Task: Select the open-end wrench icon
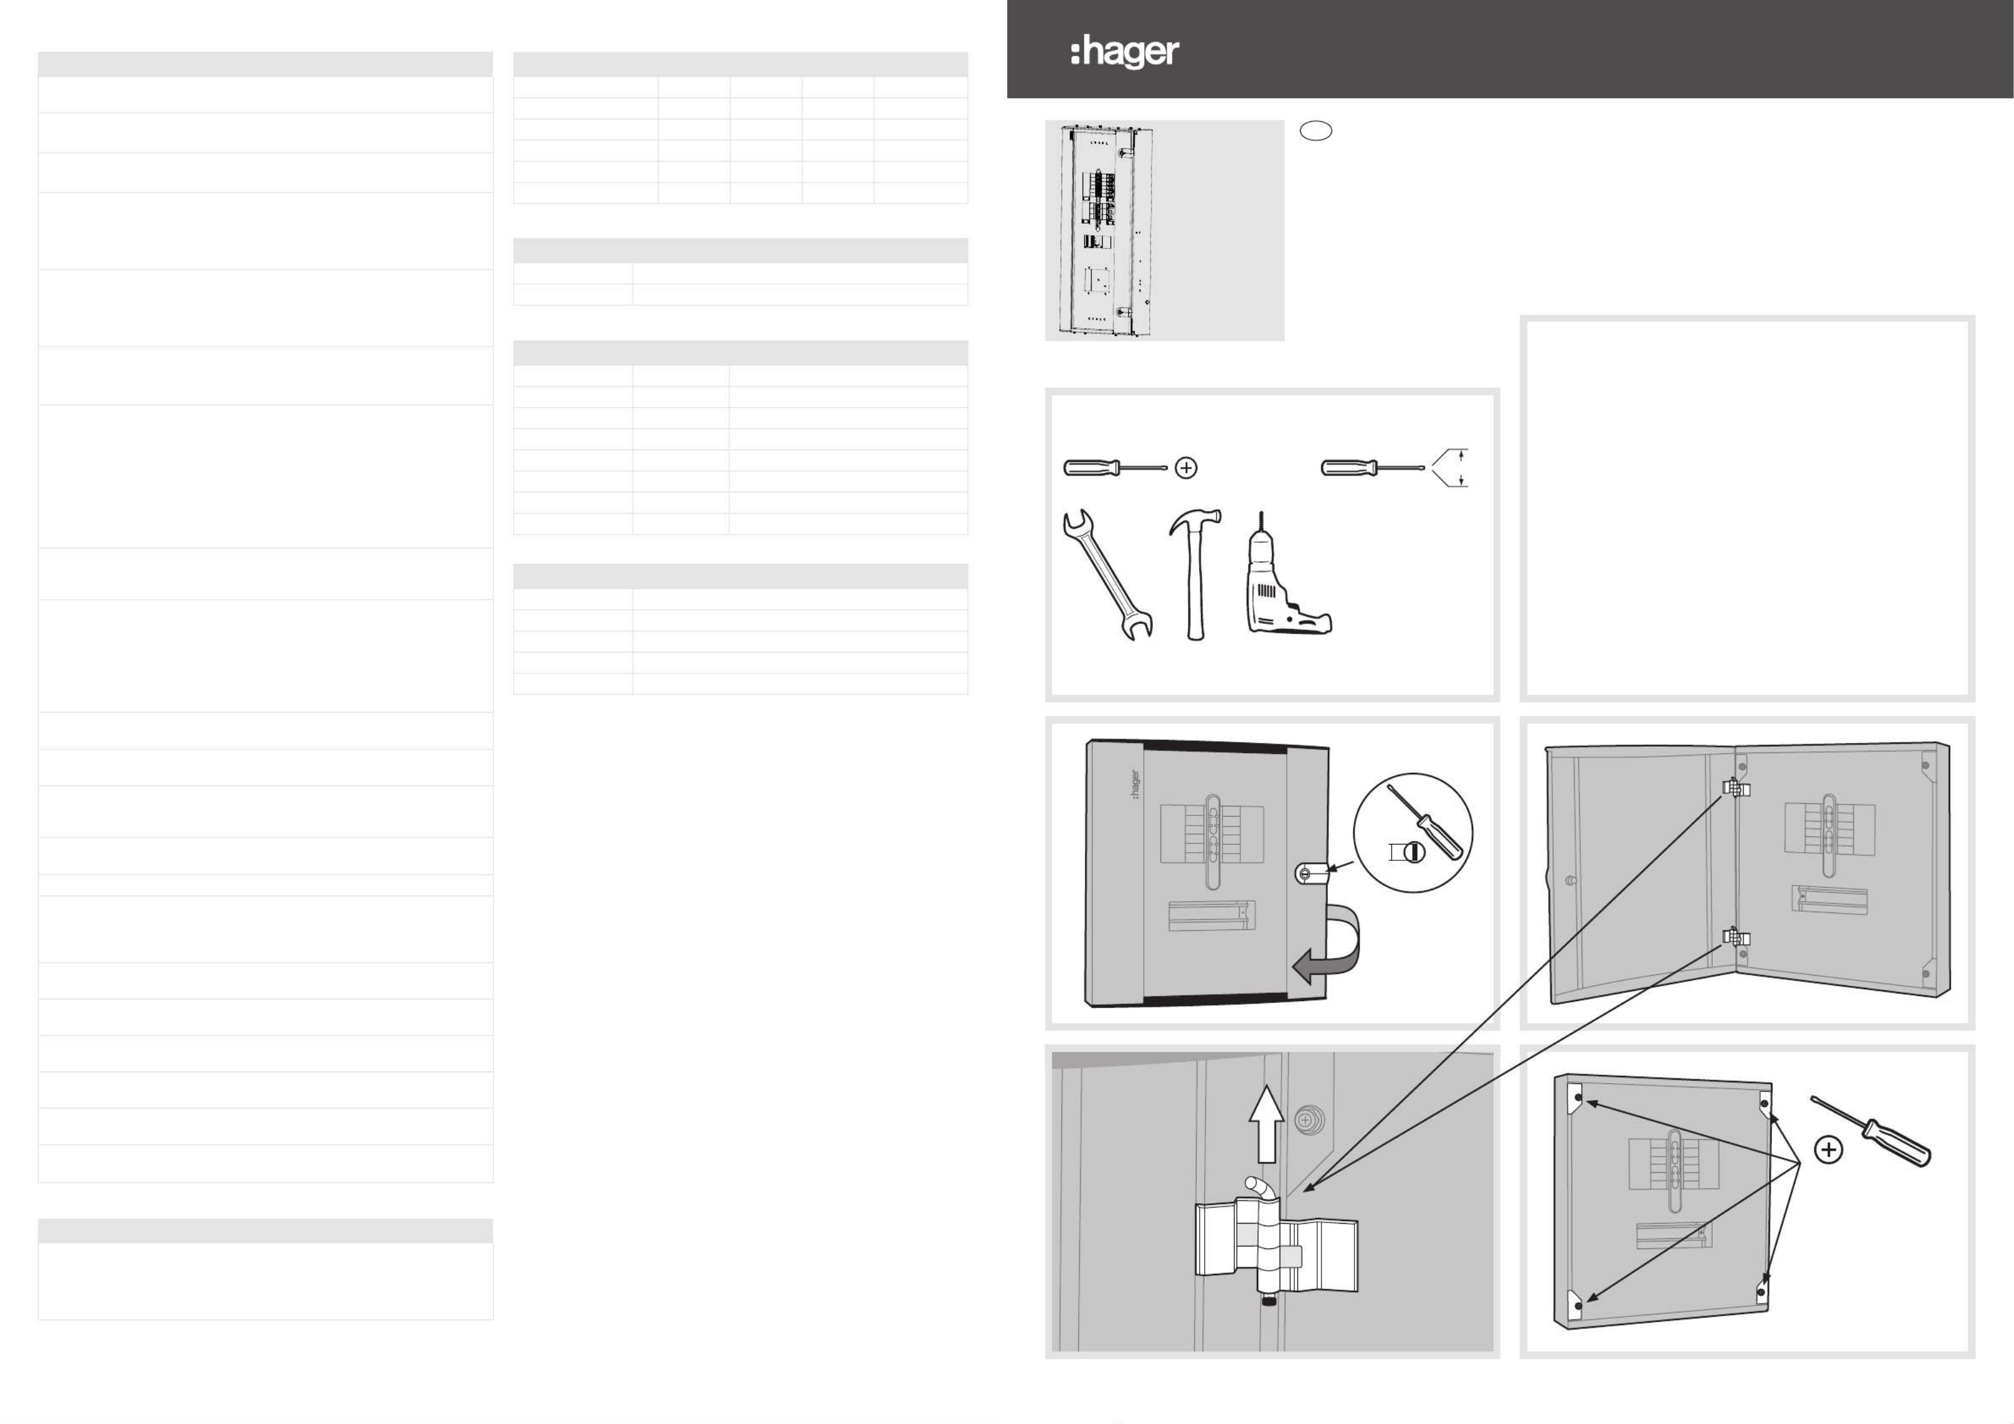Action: pos(1107,574)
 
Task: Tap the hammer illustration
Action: pos(1193,574)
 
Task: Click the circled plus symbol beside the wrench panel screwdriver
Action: pos(1186,469)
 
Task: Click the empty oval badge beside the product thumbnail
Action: pos(1315,131)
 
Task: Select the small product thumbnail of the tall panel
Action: pos(1107,231)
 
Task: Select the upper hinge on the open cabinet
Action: pos(1736,787)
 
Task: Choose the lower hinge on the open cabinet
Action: pos(1736,937)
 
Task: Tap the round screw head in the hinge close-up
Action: pos(1305,1120)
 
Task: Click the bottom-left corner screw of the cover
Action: pos(1578,1305)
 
